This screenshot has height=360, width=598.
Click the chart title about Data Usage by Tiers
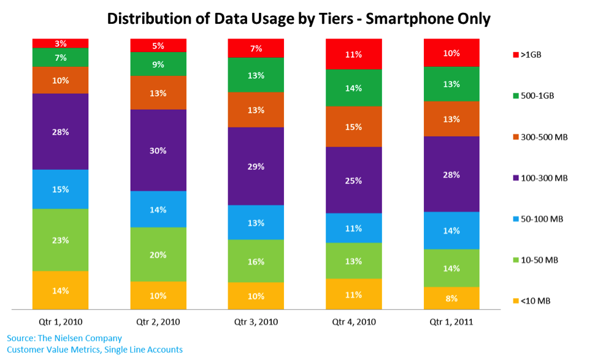point(299,18)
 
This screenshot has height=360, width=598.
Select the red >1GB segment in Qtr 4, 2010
point(354,54)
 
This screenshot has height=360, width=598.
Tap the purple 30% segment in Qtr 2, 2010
point(158,150)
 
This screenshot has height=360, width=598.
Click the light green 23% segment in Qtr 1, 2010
point(60,240)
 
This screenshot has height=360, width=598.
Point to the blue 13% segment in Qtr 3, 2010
point(256,222)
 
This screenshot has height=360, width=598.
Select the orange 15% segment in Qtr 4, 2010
point(354,126)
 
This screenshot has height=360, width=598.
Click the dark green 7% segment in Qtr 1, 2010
point(60,57)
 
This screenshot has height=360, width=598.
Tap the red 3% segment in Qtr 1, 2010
point(60,43)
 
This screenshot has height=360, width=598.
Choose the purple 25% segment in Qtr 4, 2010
point(354,180)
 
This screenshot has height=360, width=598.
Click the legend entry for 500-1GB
point(537,96)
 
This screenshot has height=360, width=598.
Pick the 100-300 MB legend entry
point(543,178)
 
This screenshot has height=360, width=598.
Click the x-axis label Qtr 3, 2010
point(256,321)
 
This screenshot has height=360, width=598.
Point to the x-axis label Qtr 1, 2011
point(452,321)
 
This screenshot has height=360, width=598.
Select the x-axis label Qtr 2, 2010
point(158,321)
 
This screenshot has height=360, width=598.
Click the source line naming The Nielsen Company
point(64,338)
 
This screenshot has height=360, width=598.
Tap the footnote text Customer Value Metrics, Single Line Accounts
point(95,350)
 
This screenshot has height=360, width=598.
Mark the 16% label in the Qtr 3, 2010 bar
point(256,261)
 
